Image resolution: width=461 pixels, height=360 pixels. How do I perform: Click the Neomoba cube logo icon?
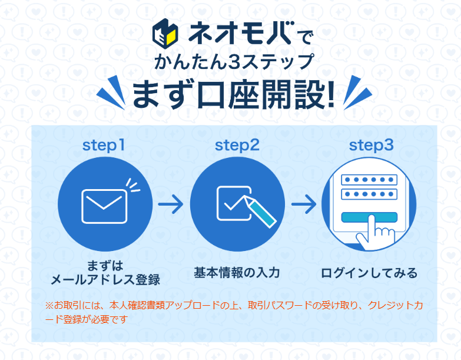(165, 34)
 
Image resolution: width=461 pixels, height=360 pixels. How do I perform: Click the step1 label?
(104, 146)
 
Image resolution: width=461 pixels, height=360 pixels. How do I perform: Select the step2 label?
(237, 146)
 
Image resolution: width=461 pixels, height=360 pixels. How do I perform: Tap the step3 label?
(371, 146)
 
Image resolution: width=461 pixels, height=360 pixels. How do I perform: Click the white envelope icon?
(104, 206)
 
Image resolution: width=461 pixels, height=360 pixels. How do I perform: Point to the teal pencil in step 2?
(260, 212)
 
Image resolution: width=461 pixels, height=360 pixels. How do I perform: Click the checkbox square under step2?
(234, 203)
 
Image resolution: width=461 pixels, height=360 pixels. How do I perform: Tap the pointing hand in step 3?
(375, 233)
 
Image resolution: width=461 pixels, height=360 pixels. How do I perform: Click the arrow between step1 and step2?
(171, 204)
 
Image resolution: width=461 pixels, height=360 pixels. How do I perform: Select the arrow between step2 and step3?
(304, 204)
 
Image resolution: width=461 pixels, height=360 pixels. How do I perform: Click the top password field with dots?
(369, 180)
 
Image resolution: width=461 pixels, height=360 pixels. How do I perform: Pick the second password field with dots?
(369, 194)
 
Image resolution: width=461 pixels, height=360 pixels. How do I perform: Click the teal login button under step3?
(369, 217)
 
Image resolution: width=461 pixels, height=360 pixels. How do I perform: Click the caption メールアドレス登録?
(105, 280)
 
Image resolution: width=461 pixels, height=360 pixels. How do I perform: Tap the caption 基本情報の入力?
(237, 273)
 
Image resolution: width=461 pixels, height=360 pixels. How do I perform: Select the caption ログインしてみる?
(369, 273)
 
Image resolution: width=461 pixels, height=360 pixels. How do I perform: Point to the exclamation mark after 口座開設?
(331, 94)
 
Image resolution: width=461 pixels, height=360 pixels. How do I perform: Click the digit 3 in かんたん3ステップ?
(234, 62)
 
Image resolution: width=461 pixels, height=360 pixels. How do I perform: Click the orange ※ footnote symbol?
(49, 305)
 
